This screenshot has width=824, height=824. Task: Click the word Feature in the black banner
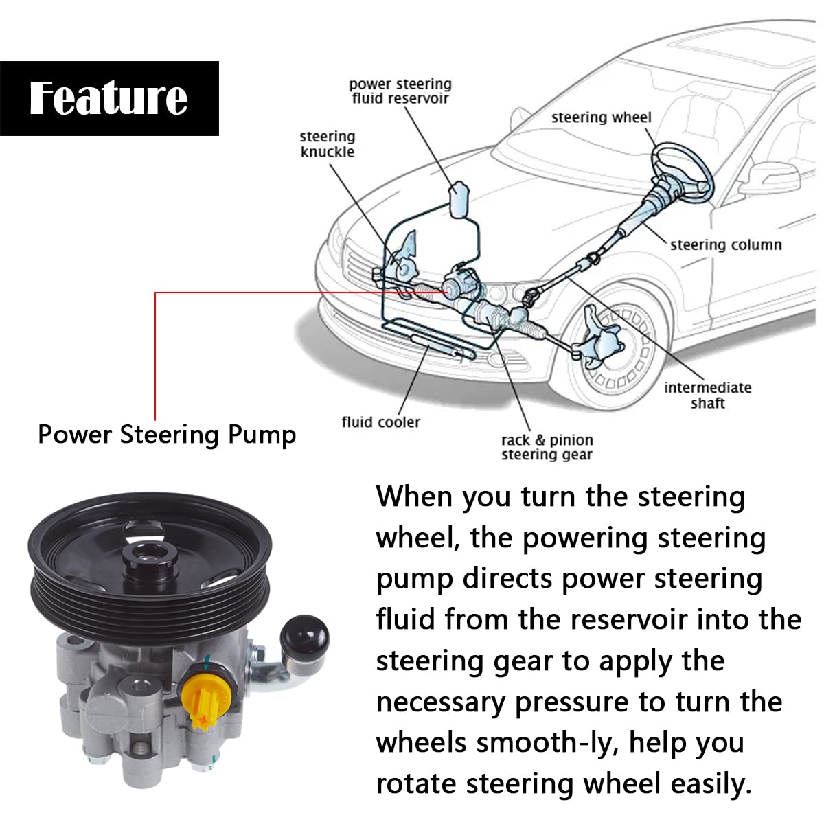pos(108,98)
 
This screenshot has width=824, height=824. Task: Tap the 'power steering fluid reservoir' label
pos(400,91)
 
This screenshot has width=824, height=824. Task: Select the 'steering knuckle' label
pos(328,144)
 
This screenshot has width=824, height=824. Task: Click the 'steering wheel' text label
pos(601,117)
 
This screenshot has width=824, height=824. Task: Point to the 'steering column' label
pos(726,244)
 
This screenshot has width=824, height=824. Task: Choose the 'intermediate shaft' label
pos(707,395)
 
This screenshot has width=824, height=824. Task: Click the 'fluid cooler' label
pos(380,422)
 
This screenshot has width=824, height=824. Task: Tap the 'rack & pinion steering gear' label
pos(547,447)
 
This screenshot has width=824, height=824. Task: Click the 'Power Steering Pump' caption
pos(167,435)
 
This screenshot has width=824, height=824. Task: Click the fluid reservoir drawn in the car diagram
pos(459,198)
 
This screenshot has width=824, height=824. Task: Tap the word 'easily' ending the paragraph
pos(711,783)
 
